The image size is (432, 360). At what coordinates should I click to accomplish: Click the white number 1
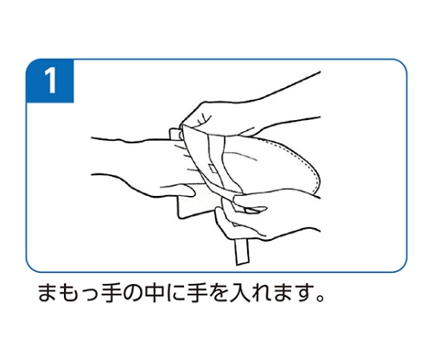tap(51, 80)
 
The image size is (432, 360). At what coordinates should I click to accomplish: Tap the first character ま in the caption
tap(47, 293)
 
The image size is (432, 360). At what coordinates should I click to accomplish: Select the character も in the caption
tap(68, 293)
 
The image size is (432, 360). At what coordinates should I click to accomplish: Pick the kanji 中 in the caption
tap(154, 293)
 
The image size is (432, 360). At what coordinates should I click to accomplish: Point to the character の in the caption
tap(132, 294)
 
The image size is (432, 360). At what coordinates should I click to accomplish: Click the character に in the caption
tap(175, 294)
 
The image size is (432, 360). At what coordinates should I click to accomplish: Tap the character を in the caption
tap(218, 293)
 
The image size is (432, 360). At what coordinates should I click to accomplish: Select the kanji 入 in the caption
tap(239, 293)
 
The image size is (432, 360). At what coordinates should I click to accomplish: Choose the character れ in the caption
tap(261, 293)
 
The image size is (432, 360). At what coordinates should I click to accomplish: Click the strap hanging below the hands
tap(242, 251)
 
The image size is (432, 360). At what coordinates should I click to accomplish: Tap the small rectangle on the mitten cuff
tap(213, 169)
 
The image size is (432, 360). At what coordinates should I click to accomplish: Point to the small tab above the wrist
tap(175, 135)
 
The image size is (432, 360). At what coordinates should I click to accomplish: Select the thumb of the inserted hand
tap(175, 191)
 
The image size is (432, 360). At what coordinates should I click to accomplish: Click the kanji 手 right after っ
tap(111, 293)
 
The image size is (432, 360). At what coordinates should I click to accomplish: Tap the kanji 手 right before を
tap(197, 293)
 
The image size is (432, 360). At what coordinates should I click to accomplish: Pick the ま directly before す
tap(283, 293)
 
